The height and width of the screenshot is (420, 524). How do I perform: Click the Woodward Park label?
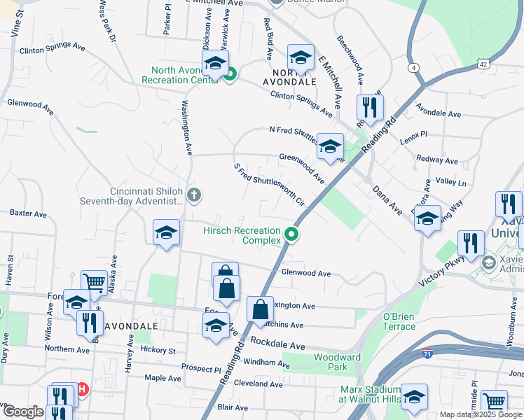click(x=331, y=362)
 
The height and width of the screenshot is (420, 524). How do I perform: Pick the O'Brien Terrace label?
click(x=399, y=321)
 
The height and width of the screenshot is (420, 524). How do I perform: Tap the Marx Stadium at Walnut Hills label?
click(x=368, y=394)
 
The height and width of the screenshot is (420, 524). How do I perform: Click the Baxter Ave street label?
click(x=27, y=212)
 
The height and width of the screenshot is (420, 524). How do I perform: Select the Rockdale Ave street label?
click(x=278, y=346)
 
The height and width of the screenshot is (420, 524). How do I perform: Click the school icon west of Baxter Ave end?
click(x=166, y=232)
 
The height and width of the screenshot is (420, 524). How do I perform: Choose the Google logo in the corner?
click(x=22, y=412)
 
